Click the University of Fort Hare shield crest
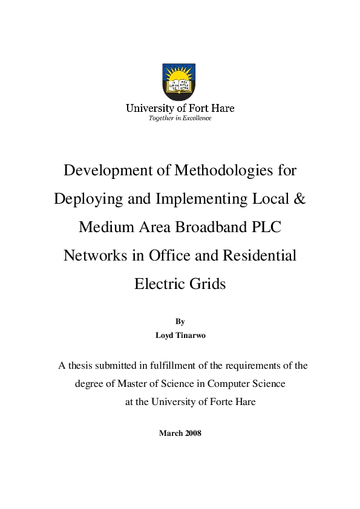click(x=180, y=82)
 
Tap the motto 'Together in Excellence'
click(x=180, y=118)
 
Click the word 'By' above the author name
click(x=180, y=321)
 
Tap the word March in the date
click(x=170, y=433)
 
